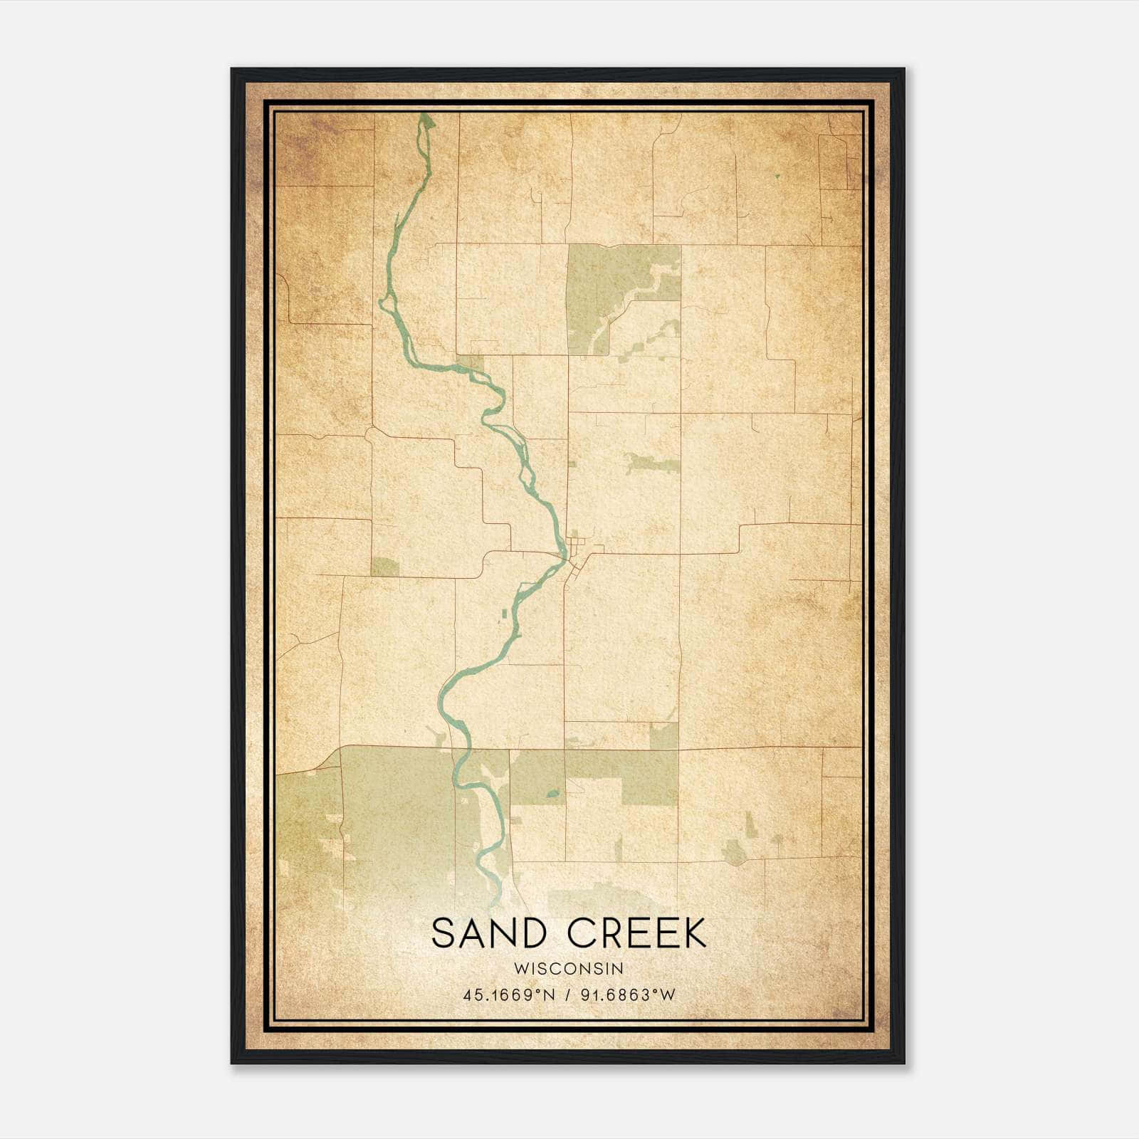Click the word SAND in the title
(484, 933)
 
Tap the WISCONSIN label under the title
(569, 969)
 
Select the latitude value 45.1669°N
(508, 995)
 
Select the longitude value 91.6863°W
(626, 995)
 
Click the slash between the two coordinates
(567, 995)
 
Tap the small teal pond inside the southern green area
(552, 794)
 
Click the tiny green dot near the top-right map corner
(777, 175)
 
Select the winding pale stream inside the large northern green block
(634, 299)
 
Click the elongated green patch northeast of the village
(651, 465)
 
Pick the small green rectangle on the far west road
(384, 567)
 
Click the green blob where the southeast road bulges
(733, 851)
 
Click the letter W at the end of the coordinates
(668, 995)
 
